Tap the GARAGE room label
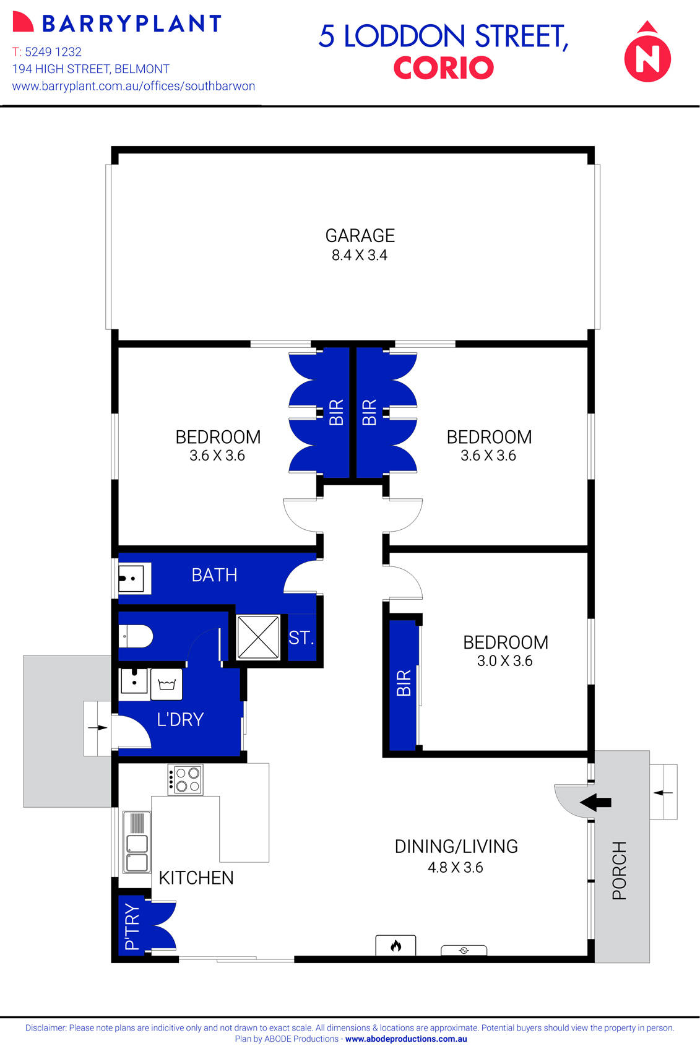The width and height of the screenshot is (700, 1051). (360, 236)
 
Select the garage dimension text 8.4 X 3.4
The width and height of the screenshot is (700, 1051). (360, 255)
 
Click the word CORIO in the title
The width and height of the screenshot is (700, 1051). (443, 68)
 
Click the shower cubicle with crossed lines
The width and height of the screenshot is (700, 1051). (258, 636)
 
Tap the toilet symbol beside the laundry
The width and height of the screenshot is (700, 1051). (136, 636)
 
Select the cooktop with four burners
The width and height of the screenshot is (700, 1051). (185, 779)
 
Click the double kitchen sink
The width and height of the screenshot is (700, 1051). (137, 842)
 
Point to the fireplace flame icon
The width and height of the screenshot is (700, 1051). (395, 945)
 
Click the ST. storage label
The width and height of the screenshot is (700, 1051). (301, 638)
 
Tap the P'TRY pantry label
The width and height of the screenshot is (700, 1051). (132, 926)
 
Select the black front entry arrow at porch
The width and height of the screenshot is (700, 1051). (595, 802)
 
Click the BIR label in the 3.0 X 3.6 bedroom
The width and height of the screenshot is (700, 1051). (404, 683)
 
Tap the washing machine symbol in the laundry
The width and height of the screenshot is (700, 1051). (166, 684)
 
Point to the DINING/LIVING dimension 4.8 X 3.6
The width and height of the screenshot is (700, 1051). (455, 867)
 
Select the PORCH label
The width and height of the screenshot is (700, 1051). (619, 870)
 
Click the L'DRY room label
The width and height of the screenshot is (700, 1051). (180, 719)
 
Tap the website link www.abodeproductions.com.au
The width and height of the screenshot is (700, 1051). (406, 1039)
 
